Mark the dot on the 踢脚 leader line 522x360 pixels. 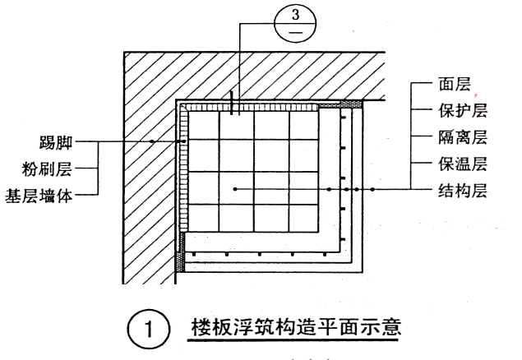(x=152, y=141)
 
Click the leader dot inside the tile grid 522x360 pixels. (x=235, y=190)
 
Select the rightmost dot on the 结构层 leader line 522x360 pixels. (x=372, y=190)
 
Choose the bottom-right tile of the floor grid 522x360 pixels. (x=303, y=216)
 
